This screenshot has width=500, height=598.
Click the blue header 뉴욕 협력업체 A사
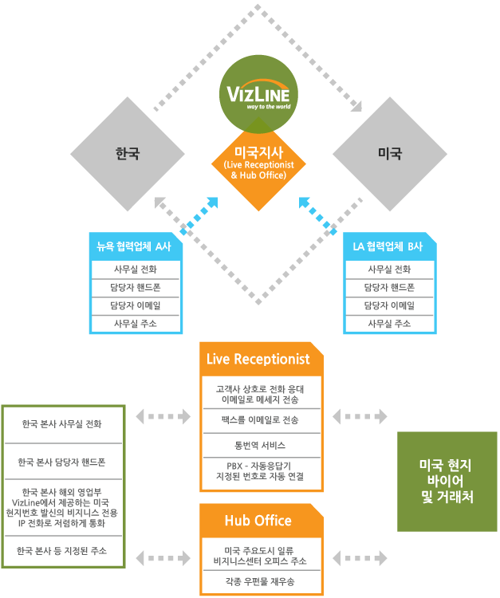tap(135, 246)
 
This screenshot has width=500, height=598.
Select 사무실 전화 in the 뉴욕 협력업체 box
tap(136, 269)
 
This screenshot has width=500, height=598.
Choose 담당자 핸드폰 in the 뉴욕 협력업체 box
tap(136, 288)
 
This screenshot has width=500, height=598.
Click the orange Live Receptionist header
tap(258, 359)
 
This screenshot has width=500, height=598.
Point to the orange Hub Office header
tap(258, 521)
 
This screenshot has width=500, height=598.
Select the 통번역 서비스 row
tap(261, 445)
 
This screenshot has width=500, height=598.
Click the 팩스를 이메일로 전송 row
tap(261, 419)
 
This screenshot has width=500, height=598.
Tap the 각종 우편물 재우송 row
tap(261, 583)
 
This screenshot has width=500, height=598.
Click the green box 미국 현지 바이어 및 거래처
tap(447, 481)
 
